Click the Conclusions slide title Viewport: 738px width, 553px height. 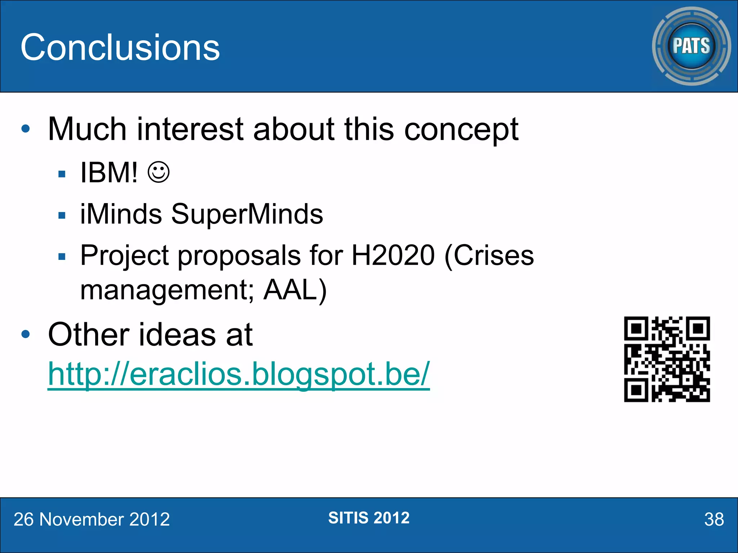coord(120,47)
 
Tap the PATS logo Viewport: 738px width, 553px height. coord(691,46)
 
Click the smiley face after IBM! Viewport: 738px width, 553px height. coord(159,172)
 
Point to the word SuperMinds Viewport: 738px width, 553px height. coord(247,214)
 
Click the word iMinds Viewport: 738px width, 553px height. coord(121,214)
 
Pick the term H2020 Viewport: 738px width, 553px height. coord(393,255)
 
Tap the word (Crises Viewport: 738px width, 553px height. coord(489,255)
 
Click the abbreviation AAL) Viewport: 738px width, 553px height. coord(295,290)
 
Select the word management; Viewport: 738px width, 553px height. coord(167,290)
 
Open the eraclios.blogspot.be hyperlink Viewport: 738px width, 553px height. coord(239,374)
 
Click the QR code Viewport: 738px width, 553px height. coord(667,359)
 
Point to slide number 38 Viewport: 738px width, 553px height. coord(714,520)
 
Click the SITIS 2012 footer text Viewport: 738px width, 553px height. coord(369,518)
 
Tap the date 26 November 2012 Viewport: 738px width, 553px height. coord(92,520)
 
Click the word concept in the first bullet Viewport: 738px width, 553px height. coord(461,130)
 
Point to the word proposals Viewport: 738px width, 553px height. coord(239,255)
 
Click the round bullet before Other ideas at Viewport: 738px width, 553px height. coord(26,334)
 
